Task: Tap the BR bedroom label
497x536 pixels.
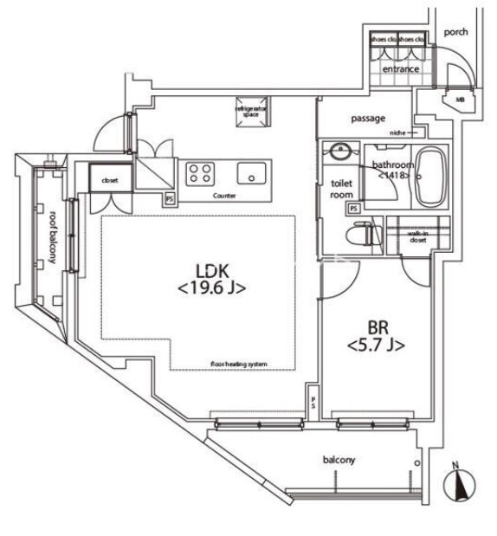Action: [377, 328]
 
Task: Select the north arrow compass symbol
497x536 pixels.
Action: [459, 485]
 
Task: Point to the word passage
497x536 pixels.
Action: [368, 119]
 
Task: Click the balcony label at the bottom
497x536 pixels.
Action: [339, 460]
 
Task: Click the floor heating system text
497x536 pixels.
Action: [238, 364]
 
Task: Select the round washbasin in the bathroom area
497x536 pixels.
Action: [342, 150]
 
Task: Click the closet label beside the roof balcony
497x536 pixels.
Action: [109, 181]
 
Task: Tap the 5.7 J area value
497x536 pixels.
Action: [377, 346]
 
